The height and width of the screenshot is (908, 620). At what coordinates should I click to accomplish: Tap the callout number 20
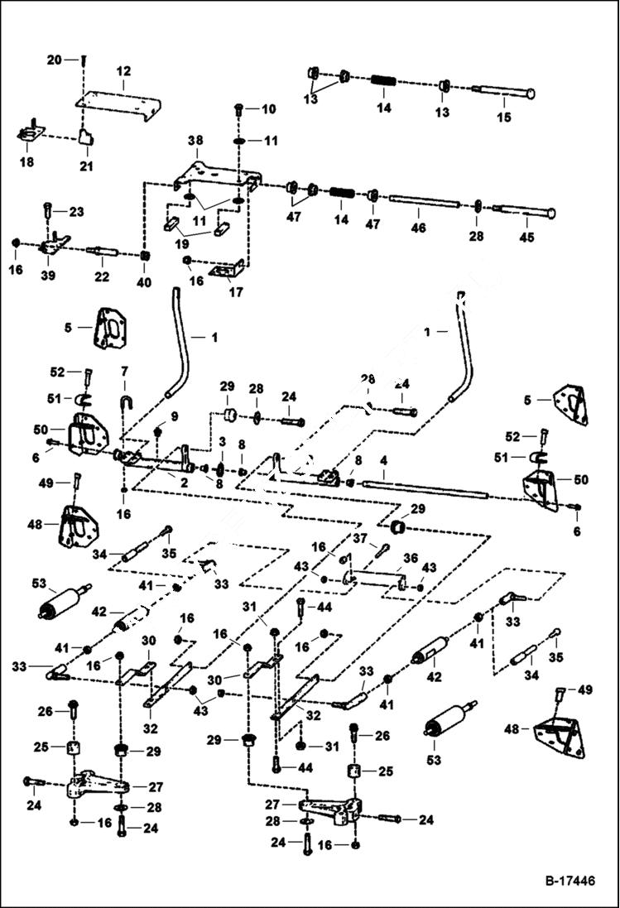55,60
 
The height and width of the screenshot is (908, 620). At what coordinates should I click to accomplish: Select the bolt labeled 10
238,108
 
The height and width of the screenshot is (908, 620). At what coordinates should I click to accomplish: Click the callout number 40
144,282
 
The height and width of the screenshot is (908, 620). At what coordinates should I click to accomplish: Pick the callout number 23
76,212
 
